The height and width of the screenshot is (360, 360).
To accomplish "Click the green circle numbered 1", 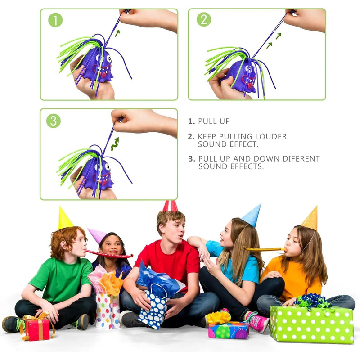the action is [x=55, y=20].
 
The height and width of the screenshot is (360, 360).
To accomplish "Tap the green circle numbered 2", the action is [x=204, y=19].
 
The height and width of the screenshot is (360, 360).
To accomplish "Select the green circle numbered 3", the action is [x=54, y=121].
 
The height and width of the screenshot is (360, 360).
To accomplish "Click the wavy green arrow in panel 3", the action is [x=115, y=144].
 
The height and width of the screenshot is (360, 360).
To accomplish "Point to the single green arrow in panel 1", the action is [x=117, y=33].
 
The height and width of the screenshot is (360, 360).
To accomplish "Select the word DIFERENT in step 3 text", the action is [x=301, y=159].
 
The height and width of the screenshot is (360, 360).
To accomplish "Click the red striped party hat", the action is [x=170, y=206].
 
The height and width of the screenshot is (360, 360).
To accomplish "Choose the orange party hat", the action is [x=311, y=219].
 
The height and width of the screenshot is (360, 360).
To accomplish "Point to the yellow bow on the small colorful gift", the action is [x=218, y=317].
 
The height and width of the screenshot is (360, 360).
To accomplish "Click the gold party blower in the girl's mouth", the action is [x=265, y=249].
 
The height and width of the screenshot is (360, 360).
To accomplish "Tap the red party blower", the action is [x=109, y=254].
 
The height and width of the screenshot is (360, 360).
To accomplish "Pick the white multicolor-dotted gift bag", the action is [x=108, y=310].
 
